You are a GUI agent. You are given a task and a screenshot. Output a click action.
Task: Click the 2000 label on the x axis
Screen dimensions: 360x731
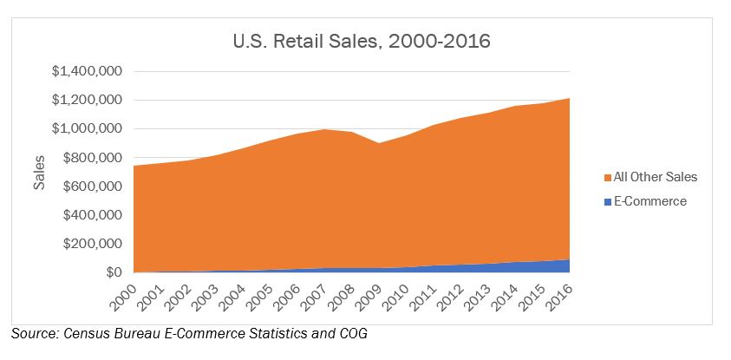(124, 293)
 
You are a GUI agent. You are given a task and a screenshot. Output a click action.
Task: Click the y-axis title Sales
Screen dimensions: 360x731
(39, 173)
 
